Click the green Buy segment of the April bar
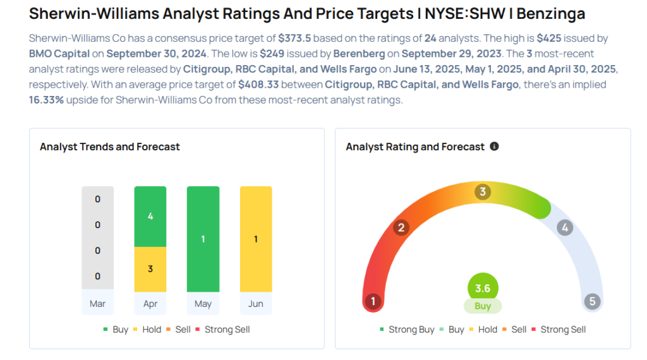point(150,216)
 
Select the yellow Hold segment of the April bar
point(150,268)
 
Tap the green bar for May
point(203,239)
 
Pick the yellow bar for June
point(256,239)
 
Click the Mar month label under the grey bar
point(97,304)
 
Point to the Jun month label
point(256,304)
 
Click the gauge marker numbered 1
point(373,301)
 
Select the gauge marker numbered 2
point(401,227)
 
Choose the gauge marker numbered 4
point(565,228)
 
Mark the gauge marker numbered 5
point(592,301)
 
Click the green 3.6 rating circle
point(483,288)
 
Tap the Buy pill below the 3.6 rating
point(483,306)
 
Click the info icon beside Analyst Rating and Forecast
point(494,147)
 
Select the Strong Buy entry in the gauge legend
point(407,330)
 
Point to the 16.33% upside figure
point(46,100)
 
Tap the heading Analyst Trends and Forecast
point(110,147)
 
